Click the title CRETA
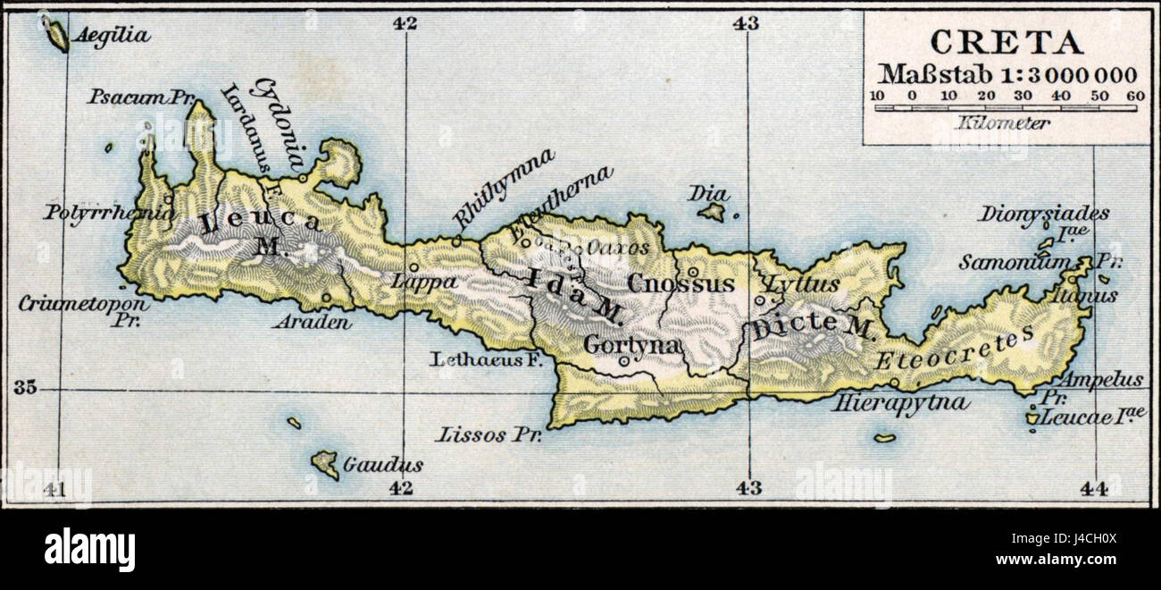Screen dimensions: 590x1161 click(x=1006, y=43)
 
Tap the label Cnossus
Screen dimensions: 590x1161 click(x=681, y=284)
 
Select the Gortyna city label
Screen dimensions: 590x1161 click(x=632, y=344)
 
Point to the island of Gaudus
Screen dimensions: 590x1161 click(x=325, y=464)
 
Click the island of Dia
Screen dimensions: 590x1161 click(x=712, y=211)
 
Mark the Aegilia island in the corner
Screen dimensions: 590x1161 click(x=57, y=36)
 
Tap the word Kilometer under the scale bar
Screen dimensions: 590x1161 click(x=1002, y=123)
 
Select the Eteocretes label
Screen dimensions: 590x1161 click(x=954, y=349)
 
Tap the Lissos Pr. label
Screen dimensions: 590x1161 click(x=483, y=435)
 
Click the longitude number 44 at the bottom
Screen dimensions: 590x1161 click(x=1092, y=488)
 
